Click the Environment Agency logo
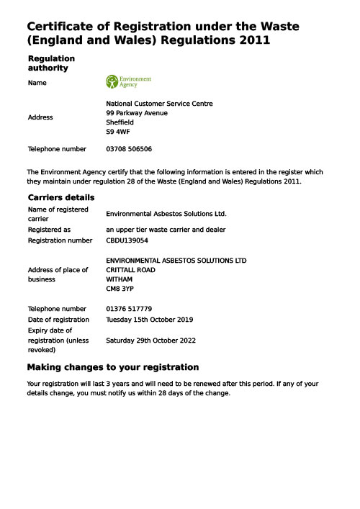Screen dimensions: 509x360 [128, 82]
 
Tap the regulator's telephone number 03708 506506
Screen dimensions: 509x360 [129, 150]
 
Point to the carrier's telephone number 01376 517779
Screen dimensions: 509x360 [129, 309]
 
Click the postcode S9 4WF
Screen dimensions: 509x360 [118, 132]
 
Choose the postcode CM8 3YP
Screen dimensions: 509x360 [120, 289]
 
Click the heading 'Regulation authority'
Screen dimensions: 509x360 [50, 63]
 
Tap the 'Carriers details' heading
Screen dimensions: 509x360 [60, 197]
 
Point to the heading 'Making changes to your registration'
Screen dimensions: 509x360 [112, 367]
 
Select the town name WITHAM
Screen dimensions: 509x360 [120, 279]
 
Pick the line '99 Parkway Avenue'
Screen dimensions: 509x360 [137, 113]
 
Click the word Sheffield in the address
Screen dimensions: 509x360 [120, 122]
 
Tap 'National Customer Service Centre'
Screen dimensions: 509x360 [159, 104]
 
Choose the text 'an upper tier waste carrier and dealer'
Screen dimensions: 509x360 [166, 230]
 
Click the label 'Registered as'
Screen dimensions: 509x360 [49, 230]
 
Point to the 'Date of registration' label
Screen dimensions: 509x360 [58, 320]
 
